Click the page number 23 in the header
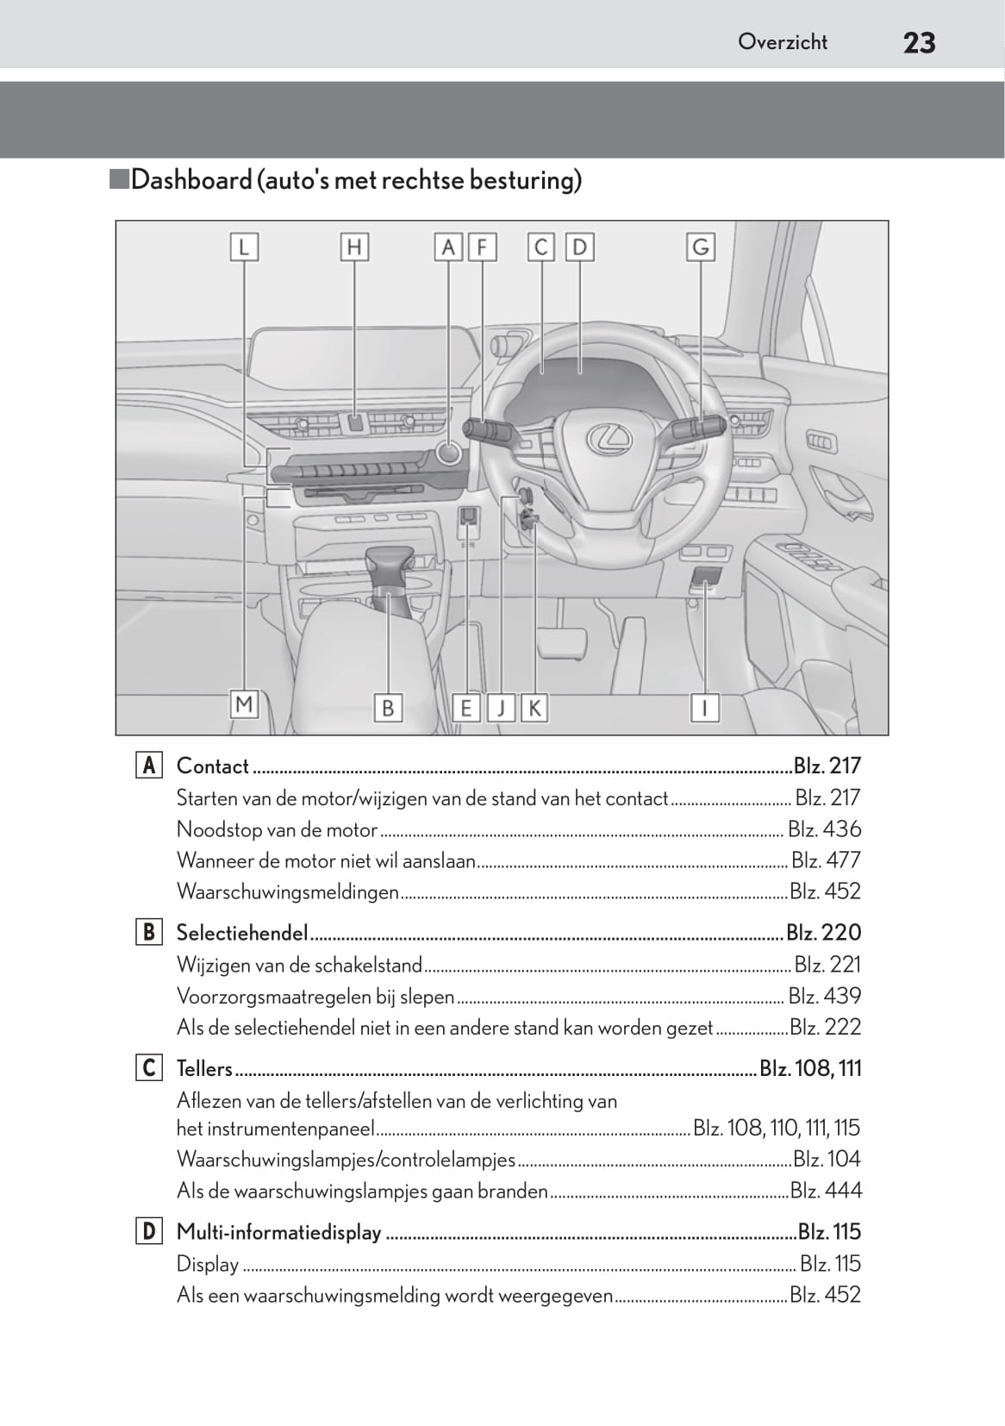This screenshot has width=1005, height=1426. (x=919, y=42)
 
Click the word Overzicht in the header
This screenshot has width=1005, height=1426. (x=782, y=41)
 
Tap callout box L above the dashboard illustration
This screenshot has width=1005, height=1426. (x=244, y=247)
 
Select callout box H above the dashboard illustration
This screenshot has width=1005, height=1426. (x=353, y=247)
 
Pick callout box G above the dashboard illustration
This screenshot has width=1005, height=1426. (x=701, y=247)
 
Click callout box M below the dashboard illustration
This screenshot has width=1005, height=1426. (x=244, y=704)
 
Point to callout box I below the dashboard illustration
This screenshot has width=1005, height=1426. (x=705, y=708)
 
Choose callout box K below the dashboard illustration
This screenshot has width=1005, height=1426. (x=534, y=708)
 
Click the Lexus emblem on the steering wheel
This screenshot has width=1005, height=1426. (x=609, y=438)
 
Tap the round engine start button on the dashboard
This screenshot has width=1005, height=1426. (x=448, y=452)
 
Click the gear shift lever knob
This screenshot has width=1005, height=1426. (x=389, y=569)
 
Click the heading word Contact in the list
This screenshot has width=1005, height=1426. (x=212, y=766)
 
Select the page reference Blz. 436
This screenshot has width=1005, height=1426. (x=824, y=829)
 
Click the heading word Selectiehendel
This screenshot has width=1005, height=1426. (x=241, y=932)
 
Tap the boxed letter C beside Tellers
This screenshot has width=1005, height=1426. (x=148, y=1067)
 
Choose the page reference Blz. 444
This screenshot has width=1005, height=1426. (x=825, y=1190)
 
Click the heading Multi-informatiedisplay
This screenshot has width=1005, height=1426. (x=278, y=1231)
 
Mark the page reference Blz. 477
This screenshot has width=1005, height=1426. (x=826, y=860)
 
